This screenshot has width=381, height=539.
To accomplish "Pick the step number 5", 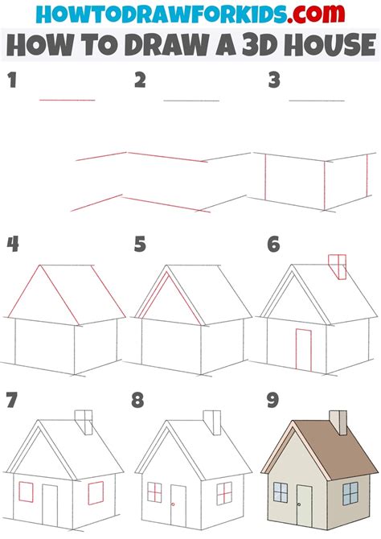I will click(x=141, y=244).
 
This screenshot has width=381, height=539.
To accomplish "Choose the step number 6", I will click(x=274, y=244).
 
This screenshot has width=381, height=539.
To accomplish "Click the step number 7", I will click(x=11, y=400).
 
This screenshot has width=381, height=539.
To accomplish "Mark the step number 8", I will click(x=141, y=400).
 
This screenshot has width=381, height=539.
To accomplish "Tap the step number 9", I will click(x=274, y=400).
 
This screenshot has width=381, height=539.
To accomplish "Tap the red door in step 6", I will click(x=303, y=348).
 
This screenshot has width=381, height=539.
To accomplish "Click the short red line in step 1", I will click(x=68, y=100).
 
